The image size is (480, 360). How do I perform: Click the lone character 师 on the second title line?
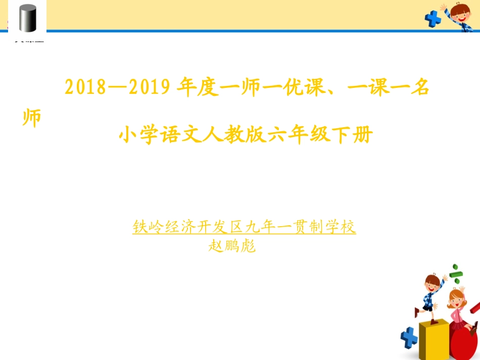pos(32,118)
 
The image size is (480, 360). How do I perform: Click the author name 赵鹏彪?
pos(232,245)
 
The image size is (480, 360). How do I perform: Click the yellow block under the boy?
pos(433,339)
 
